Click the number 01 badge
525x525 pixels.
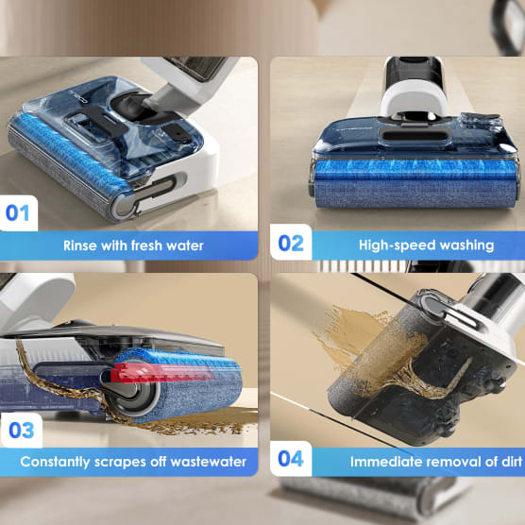(18, 213)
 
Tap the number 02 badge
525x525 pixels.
(291, 243)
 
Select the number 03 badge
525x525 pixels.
(21, 431)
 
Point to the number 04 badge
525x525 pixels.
(291, 459)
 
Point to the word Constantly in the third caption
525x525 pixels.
(56, 462)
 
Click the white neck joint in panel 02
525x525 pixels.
(415, 100)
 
